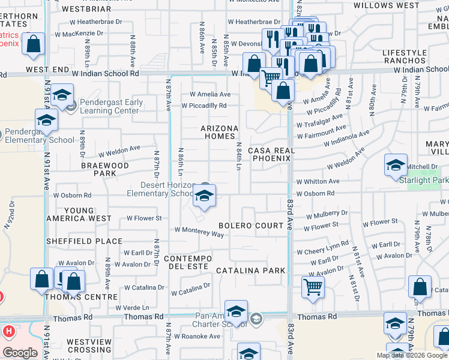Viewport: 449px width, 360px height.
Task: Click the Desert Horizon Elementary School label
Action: (161, 189)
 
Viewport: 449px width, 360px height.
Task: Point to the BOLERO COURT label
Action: (250, 226)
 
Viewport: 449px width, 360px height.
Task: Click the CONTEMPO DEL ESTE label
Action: (188, 262)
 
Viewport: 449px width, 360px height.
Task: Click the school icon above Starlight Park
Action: (396, 165)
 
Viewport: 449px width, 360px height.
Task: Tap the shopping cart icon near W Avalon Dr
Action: (313, 287)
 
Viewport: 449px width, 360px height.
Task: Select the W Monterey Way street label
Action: (199, 231)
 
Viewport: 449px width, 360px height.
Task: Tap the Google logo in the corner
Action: (19, 352)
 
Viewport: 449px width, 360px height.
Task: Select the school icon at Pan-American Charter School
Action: (237, 311)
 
